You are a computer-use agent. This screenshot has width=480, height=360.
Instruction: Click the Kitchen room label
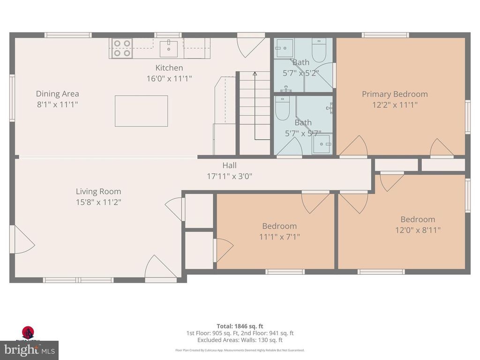pyautogui.click(x=169, y=68)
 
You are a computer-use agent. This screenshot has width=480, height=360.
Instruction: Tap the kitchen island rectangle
pyautogui.click(x=141, y=111)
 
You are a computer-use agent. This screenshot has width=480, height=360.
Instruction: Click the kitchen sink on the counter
pyautogui.click(x=168, y=47)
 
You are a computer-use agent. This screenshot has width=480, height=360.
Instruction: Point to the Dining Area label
pyautogui.click(x=58, y=94)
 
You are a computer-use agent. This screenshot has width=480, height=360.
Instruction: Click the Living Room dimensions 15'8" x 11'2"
pyautogui.click(x=98, y=202)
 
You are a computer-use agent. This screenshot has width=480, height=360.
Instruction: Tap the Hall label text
pyautogui.click(x=229, y=165)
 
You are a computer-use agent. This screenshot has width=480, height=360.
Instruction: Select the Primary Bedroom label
pyautogui.click(x=395, y=94)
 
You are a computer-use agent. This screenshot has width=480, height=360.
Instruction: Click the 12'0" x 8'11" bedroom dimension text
pyautogui.click(x=417, y=230)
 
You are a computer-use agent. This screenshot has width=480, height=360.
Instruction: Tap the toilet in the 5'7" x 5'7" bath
pyautogui.click(x=283, y=109)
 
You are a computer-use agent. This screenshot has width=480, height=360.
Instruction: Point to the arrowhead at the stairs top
pyautogui.click(x=255, y=73)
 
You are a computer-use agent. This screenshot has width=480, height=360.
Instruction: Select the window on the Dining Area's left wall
pyautogui.click(x=13, y=98)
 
